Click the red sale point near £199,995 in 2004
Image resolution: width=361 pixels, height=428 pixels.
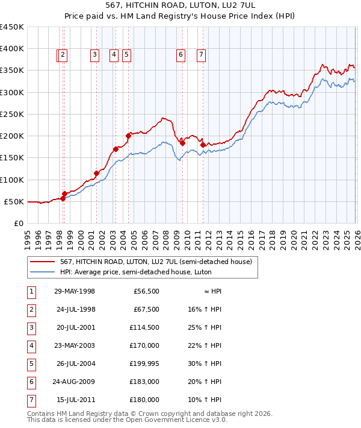[128, 136]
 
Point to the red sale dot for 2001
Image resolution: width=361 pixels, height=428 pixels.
[96, 173]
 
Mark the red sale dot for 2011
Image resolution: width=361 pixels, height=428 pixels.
[203, 145]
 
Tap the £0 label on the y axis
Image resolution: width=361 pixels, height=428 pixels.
[18, 223]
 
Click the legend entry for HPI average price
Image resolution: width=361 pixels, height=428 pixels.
[135, 272]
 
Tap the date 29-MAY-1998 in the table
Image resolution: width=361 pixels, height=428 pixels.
[74, 291]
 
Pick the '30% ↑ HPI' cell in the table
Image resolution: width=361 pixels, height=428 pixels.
[205, 363]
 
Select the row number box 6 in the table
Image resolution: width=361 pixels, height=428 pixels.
[30, 382]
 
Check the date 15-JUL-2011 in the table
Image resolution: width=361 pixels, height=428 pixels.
[74, 400]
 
